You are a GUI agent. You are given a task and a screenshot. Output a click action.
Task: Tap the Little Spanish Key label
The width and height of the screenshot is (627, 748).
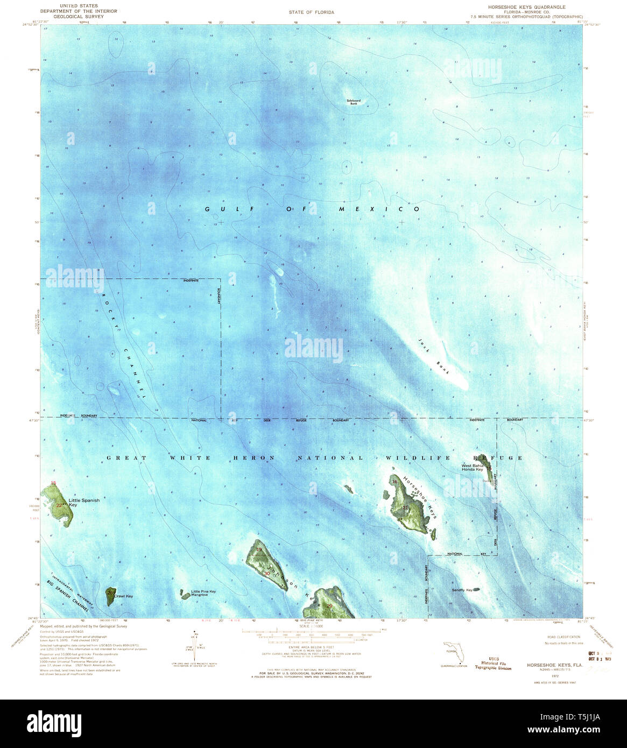(81, 503)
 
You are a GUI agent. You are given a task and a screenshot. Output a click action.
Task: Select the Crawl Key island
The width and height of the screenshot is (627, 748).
(111, 595)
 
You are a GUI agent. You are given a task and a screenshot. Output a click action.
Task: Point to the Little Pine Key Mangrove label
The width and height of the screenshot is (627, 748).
(203, 594)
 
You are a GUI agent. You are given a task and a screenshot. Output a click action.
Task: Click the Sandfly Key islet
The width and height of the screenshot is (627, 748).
(476, 589)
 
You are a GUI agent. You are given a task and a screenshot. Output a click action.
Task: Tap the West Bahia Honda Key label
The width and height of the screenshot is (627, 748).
(472, 467)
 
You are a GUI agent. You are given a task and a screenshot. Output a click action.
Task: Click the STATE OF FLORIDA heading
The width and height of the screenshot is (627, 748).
(312, 12)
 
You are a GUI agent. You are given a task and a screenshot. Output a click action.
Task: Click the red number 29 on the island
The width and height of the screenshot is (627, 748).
(330, 606)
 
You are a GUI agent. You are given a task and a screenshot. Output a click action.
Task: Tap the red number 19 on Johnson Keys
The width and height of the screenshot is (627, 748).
(259, 549)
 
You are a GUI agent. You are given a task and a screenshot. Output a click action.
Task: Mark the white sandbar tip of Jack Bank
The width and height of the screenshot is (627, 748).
(462, 384)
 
